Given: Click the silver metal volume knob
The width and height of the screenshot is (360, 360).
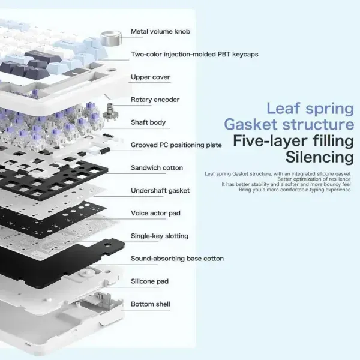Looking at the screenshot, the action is click(x=111, y=38).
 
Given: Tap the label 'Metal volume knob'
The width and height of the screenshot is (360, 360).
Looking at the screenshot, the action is click(x=160, y=31).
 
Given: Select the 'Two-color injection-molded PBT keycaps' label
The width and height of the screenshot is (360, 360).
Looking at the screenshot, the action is click(x=194, y=55).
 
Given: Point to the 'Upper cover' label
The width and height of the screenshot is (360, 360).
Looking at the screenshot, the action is click(x=151, y=77).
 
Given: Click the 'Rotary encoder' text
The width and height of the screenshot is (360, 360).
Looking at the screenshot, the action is click(x=155, y=100).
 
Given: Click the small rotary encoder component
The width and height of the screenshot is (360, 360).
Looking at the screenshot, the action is click(x=110, y=113).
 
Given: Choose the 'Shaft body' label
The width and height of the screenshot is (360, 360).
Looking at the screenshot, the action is click(x=148, y=122).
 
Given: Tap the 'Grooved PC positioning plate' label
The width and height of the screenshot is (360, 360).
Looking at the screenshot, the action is click(x=176, y=145).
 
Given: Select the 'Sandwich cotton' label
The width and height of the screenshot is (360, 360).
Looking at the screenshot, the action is click(x=157, y=168).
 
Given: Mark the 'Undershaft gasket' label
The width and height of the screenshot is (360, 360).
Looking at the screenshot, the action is click(x=160, y=191).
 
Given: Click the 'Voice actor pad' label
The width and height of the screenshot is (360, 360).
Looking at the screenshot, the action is click(x=155, y=213).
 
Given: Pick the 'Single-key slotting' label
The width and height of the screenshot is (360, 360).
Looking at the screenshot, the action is click(x=160, y=236).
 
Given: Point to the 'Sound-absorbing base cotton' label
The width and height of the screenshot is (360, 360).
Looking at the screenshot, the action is click(x=177, y=259).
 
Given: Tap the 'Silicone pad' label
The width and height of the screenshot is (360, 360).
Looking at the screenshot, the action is click(x=149, y=281).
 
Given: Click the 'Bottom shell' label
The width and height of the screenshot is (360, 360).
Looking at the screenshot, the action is click(x=151, y=304).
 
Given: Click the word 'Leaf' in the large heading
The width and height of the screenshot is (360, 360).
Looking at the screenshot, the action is click(x=283, y=108).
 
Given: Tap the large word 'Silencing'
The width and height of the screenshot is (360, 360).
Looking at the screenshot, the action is click(x=320, y=157).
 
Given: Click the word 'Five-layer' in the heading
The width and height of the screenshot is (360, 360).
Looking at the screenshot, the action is click(x=270, y=141).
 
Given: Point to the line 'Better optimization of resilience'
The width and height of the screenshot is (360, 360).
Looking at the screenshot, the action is click(x=314, y=179).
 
